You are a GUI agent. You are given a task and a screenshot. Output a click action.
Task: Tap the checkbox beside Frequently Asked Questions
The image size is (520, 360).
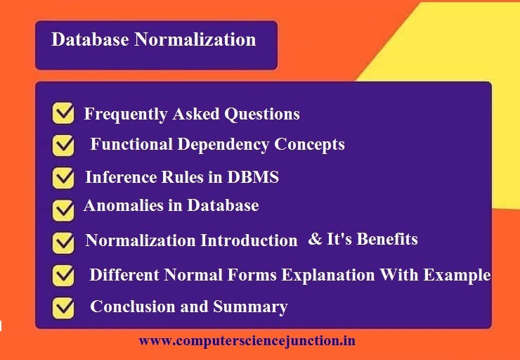click(63, 114)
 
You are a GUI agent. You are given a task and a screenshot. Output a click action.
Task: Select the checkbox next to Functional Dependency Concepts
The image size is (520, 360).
click(63, 146)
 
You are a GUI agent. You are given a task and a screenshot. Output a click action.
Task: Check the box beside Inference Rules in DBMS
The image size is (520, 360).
click(63, 177)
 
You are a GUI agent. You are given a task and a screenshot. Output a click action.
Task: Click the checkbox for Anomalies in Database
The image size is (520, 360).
click(63, 209)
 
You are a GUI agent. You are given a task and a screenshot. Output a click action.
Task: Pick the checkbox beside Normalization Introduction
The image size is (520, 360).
click(63, 242)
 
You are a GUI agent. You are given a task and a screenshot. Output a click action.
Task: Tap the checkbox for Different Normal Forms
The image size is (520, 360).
click(63, 275)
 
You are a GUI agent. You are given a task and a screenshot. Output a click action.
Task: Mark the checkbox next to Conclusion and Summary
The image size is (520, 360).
click(63, 307)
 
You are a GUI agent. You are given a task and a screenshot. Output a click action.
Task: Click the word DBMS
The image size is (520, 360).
click(253, 177)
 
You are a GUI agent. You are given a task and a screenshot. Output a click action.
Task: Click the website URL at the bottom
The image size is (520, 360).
click(247, 341)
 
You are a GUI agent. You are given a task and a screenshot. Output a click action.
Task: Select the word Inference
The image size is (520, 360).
click(117, 177)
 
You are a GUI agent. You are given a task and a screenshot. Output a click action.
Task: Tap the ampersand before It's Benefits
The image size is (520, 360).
click(315, 240)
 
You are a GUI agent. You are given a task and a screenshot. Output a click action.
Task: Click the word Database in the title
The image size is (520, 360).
click(90, 39)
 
